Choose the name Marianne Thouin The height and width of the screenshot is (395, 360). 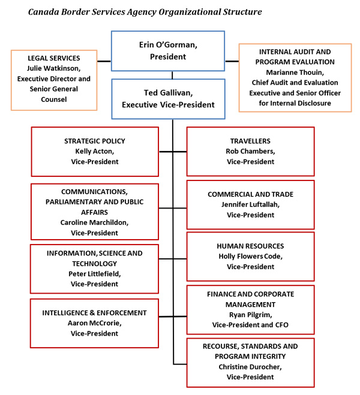tap(294, 72)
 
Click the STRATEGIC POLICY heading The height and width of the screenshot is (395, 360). tap(95, 141)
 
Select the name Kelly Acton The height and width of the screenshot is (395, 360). tap(95, 151)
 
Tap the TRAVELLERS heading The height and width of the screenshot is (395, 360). tap(250, 141)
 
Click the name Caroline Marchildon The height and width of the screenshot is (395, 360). tap(95, 221)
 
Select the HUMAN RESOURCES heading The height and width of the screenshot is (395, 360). tap(250, 246)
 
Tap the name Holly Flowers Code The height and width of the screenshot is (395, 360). tap(250, 256)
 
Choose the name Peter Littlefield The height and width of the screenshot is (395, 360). tap(95, 273)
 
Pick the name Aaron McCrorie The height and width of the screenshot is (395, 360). tap(95, 322)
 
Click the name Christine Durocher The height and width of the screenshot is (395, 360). tap(250, 366)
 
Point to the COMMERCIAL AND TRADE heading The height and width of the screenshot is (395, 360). tap(250, 194)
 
